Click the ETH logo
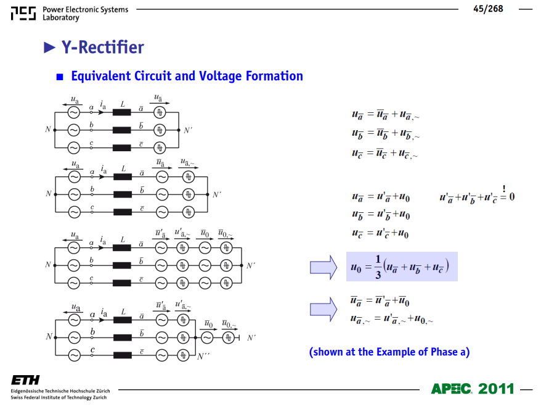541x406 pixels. coord(25,380)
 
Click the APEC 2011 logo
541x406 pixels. coord(473,389)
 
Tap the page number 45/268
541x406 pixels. coord(488,9)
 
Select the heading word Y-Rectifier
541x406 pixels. coord(102,47)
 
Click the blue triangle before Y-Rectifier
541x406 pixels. coord(49,48)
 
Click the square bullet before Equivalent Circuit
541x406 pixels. coord(60,77)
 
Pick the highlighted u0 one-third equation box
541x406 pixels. coord(402,267)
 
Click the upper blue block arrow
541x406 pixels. coord(323,267)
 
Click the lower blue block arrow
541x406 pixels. coord(323,309)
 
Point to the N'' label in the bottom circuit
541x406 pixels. coord(203,357)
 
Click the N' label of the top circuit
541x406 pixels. coord(188,131)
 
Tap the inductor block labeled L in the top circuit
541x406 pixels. coord(122,112)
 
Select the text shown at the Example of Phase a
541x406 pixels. coord(389,352)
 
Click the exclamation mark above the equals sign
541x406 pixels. coord(504,188)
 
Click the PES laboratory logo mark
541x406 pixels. coord(23,13)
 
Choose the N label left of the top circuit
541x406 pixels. coord(48,129)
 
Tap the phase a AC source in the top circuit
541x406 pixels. coord(73,112)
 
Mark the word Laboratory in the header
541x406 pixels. coord(61,17)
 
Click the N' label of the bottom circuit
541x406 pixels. coord(251,338)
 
